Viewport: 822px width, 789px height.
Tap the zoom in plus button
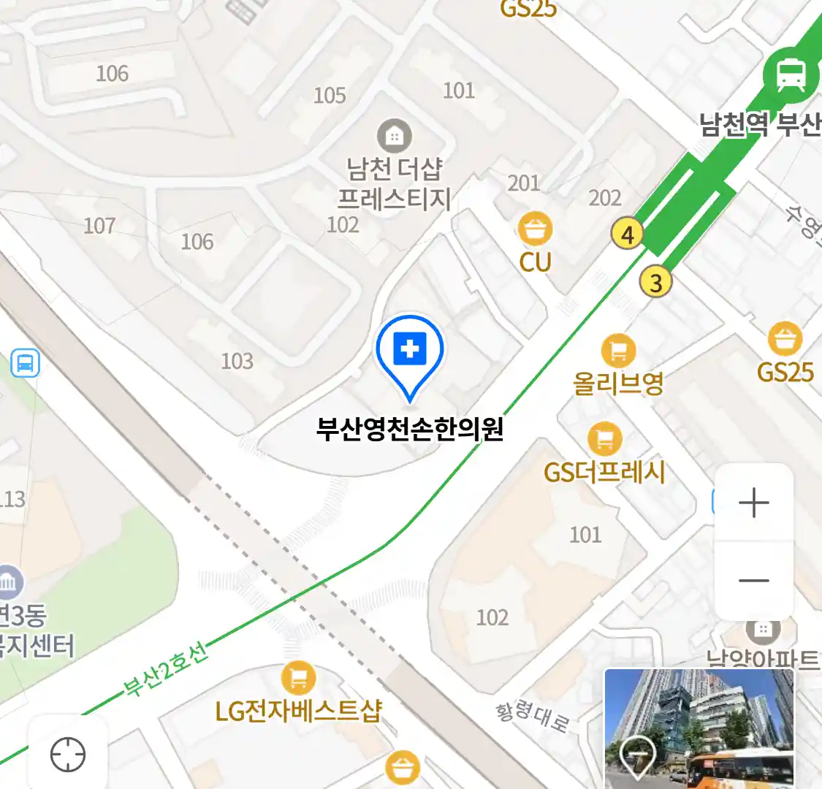pyautogui.click(x=753, y=503)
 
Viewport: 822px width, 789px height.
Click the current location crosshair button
pyautogui.click(x=68, y=754)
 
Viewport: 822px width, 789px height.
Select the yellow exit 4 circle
pyautogui.click(x=627, y=235)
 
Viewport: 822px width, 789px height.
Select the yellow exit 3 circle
pyautogui.click(x=655, y=282)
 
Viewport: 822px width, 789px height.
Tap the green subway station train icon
pyautogui.click(x=791, y=74)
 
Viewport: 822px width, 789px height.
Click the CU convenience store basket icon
pyautogui.click(x=535, y=229)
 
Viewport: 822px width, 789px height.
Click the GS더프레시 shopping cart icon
pyautogui.click(x=604, y=439)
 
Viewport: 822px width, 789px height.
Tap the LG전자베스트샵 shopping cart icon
pyautogui.click(x=298, y=678)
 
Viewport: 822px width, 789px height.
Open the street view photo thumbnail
pyautogui.click(x=699, y=728)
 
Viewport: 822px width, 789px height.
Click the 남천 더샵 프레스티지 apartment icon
pyautogui.click(x=394, y=136)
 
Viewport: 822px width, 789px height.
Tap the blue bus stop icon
pyautogui.click(x=26, y=363)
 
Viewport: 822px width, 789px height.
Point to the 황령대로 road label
pyautogui.click(x=533, y=716)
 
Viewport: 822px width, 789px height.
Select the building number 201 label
pyautogui.click(x=524, y=183)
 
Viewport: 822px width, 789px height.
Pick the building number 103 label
pyautogui.click(x=237, y=361)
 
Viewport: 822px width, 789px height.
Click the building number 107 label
pyautogui.click(x=99, y=226)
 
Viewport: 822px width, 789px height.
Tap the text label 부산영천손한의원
pyautogui.click(x=410, y=428)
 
